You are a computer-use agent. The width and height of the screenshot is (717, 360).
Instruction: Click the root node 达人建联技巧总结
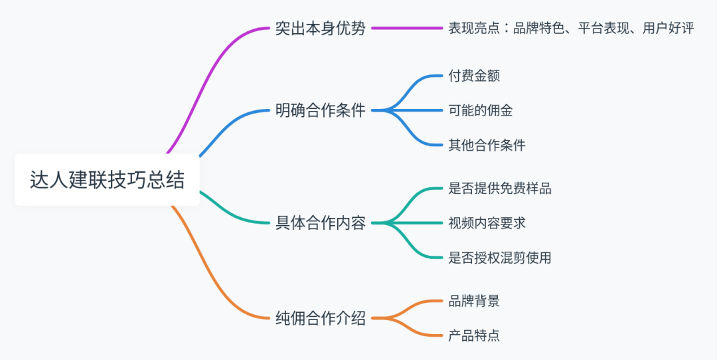pos(107,180)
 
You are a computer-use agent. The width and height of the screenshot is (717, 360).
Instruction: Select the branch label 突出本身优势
pos(320,29)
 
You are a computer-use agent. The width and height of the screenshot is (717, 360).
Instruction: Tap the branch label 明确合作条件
pos(320,110)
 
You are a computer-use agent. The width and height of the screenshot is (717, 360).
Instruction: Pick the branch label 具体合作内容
pos(320,223)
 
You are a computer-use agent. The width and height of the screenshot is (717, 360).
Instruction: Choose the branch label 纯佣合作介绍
pos(320,318)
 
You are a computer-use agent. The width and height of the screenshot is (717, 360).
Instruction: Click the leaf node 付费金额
pos(474,76)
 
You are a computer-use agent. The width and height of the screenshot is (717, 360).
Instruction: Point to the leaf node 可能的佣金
pos(480,110)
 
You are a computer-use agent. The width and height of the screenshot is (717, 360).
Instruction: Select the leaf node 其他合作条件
pos(487,145)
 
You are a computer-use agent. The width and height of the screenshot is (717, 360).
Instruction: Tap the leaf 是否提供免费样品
pos(499,188)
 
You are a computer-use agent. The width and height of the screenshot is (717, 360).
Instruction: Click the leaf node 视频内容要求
pos(487,223)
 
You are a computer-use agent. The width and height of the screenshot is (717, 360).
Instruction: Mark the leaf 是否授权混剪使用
pos(499,257)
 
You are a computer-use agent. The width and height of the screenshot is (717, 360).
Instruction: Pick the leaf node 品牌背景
pos(474,301)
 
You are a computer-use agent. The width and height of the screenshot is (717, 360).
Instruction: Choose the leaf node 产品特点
pos(474,335)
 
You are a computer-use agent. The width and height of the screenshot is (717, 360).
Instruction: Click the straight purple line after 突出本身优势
pos(407,29)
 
